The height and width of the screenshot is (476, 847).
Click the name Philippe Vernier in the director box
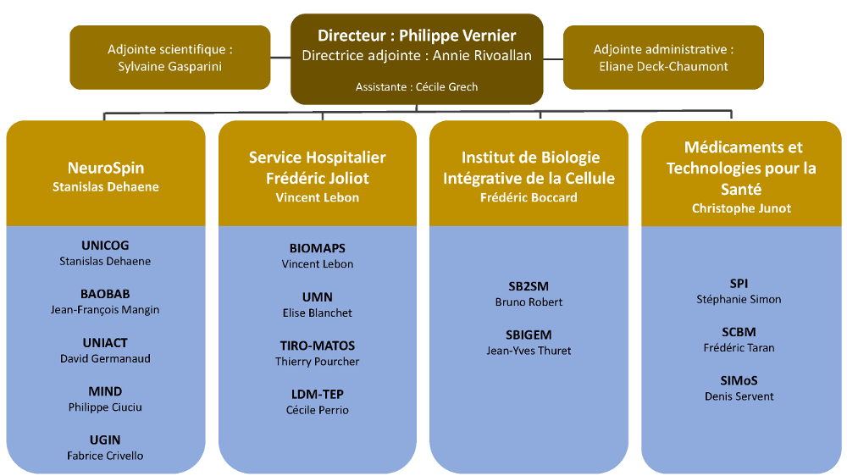click(x=457, y=36)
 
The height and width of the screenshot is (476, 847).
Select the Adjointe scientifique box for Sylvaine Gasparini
click(x=169, y=58)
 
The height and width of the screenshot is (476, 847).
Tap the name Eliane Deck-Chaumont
click(x=663, y=66)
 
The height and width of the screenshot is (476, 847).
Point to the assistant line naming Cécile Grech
click(x=416, y=86)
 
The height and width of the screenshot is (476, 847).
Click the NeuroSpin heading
click(x=105, y=168)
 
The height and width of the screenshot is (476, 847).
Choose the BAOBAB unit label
click(x=105, y=294)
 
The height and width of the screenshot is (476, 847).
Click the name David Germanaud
click(x=105, y=358)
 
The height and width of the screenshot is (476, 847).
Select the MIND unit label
click(x=105, y=391)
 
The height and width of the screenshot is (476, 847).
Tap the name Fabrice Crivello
click(x=105, y=456)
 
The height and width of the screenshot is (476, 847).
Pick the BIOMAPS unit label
click(x=317, y=248)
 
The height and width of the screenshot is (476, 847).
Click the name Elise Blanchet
click(x=317, y=313)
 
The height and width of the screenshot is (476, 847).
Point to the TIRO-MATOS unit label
click(x=317, y=346)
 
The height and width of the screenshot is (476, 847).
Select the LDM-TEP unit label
click(x=317, y=394)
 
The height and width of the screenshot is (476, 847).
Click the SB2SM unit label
click(x=529, y=286)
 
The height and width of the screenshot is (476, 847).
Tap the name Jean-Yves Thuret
click(x=529, y=350)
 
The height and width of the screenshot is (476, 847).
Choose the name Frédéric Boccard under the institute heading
click(x=529, y=197)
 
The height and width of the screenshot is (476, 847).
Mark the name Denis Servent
click(x=739, y=396)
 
